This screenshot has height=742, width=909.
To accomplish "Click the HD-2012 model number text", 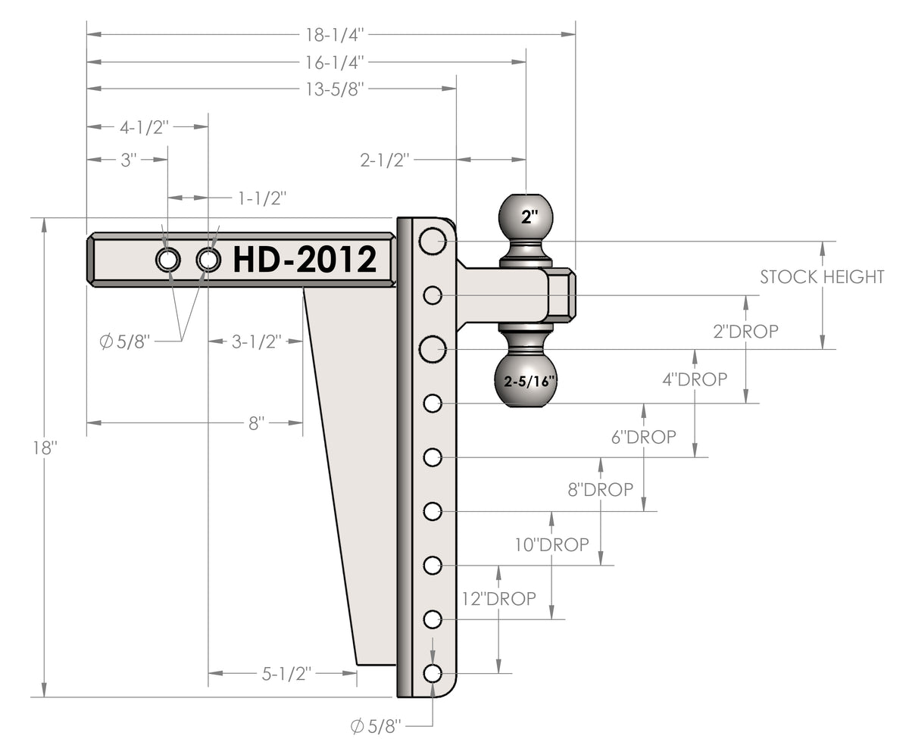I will pos(305,260).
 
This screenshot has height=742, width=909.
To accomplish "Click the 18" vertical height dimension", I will pos(45,447).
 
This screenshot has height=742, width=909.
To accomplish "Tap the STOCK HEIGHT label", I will pos(822,277).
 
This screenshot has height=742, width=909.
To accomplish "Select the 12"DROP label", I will pos(498,598).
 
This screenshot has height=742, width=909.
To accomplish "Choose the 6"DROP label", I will pos(644,437).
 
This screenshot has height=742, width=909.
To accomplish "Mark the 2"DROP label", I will pos(746,331).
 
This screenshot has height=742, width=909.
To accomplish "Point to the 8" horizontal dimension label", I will pos(256,422).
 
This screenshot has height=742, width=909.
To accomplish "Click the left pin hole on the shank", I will pos(167,260).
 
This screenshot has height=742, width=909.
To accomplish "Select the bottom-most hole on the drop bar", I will pos(433,672).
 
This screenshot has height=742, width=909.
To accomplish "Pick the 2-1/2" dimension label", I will pos(385,160).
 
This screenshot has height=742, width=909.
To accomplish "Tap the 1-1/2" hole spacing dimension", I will pos(262,198).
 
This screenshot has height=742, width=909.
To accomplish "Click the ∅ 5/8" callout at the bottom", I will pos(376,727).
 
